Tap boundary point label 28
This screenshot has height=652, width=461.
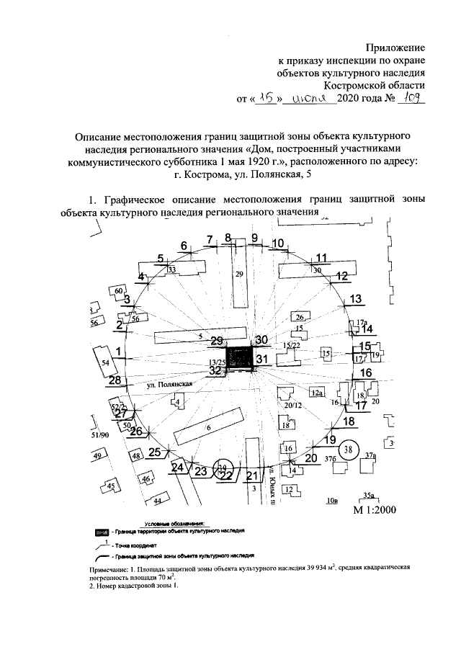[x=113, y=380]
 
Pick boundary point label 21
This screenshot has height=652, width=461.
[x=251, y=476]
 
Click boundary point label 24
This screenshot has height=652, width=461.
[x=177, y=468]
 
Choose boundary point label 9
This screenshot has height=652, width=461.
[x=254, y=238]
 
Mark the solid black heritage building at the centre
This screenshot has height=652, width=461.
[x=243, y=357]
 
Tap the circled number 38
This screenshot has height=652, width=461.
[x=349, y=450]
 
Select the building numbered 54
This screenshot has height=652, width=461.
[x=106, y=362]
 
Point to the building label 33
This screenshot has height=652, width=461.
[x=171, y=269]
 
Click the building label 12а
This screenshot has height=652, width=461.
[x=315, y=393]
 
